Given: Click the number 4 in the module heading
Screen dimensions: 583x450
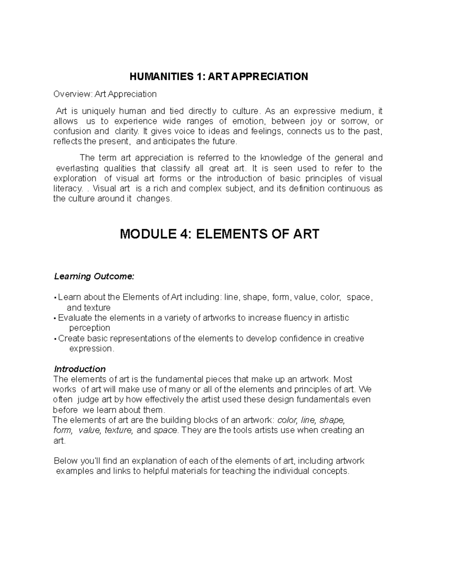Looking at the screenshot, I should (x=186, y=234).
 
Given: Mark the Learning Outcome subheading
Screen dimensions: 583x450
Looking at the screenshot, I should (x=94, y=277).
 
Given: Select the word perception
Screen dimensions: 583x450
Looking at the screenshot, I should (x=90, y=328).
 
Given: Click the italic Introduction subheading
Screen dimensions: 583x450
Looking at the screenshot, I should (x=80, y=369).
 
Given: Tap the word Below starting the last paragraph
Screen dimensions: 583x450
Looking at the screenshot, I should (x=65, y=461).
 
